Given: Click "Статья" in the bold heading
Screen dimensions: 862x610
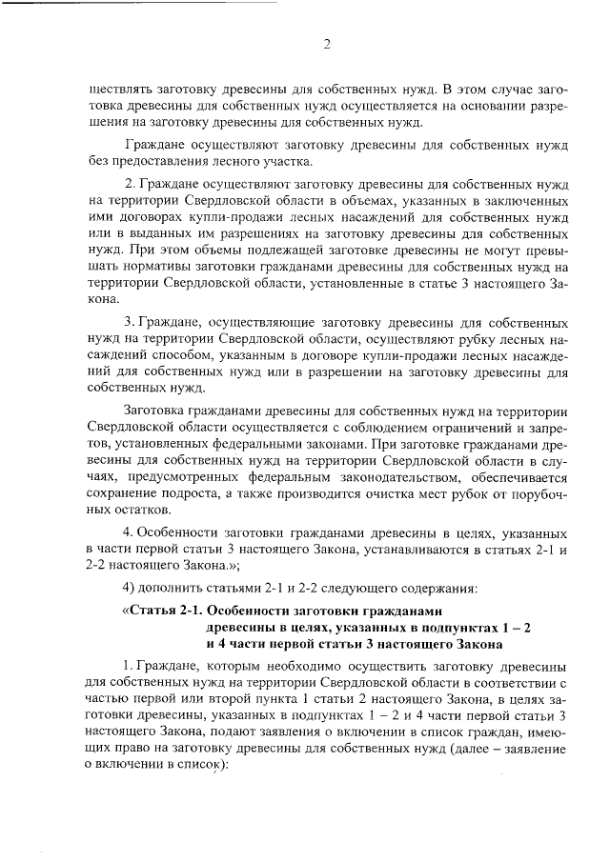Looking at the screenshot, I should (x=151, y=611).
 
